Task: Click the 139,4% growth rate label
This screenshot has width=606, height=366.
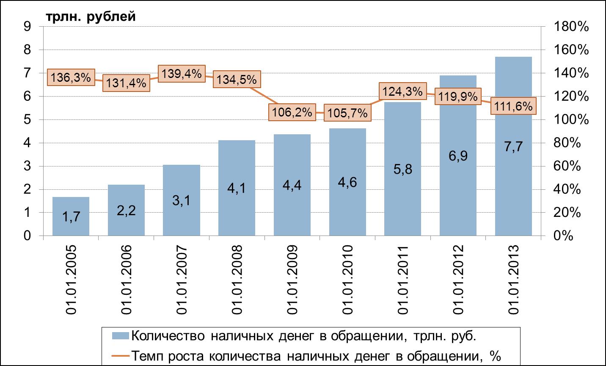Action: [182, 73]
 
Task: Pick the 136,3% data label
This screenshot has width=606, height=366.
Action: [71, 78]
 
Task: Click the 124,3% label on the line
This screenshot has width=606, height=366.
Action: [402, 91]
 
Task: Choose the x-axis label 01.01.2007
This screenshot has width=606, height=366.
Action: [182, 280]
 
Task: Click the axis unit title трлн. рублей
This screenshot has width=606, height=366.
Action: [91, 17]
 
